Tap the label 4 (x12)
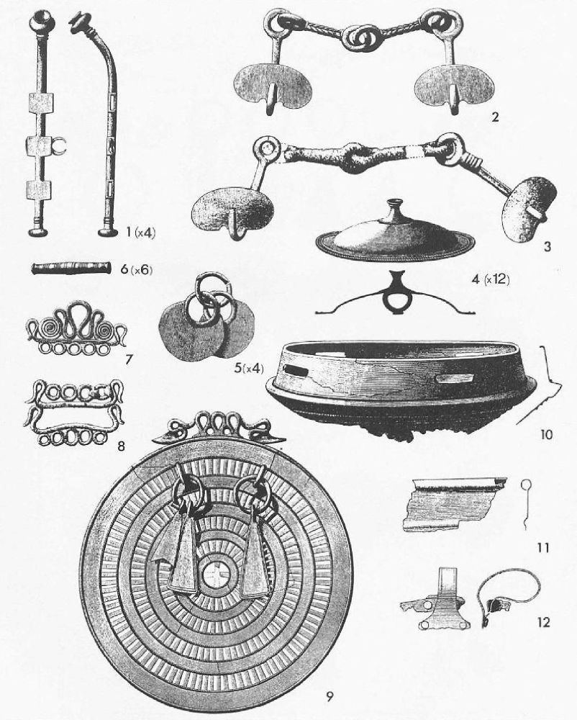pos(491,278)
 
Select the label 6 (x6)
pos(136,269)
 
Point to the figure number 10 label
pos(546,434)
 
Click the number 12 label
pos(543,622)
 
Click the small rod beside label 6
pos(71,269)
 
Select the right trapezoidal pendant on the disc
pos(254,551)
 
